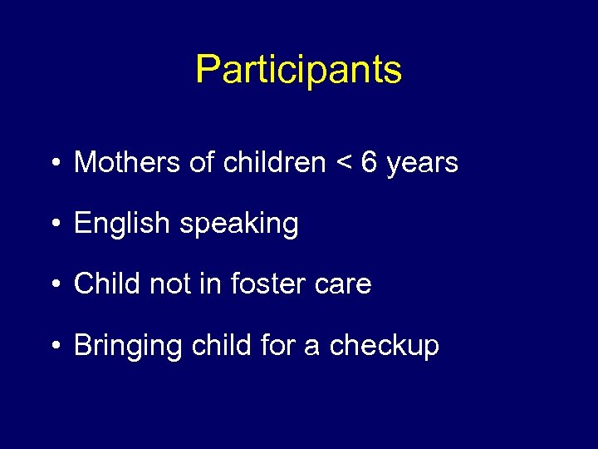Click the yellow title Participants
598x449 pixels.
coord(298,70)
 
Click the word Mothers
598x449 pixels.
coord(128,162)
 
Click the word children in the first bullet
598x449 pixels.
coord(275,162)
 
